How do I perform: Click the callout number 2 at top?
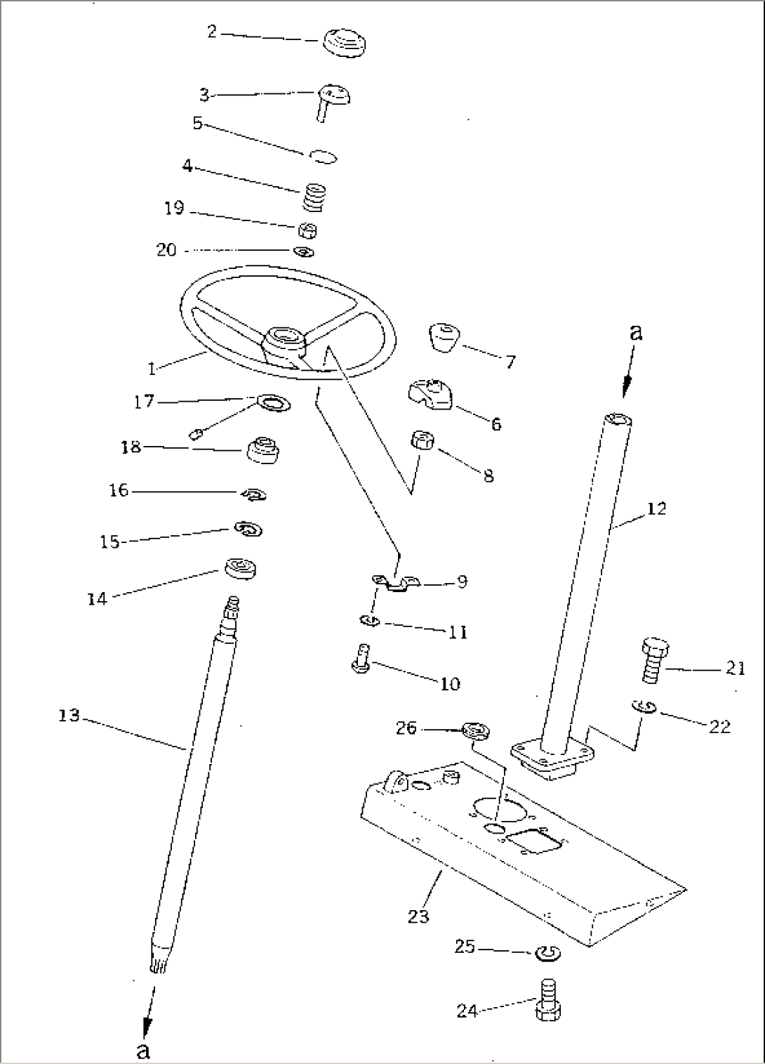(211, 31)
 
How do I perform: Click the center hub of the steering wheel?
(285, 341)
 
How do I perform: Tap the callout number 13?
(69, 716)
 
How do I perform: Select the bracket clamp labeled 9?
(395, 582)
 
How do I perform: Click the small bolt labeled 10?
(360, 660)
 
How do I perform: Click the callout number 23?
(418, 916)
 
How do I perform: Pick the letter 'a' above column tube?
(635, 332)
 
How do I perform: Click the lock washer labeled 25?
(546, 954)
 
